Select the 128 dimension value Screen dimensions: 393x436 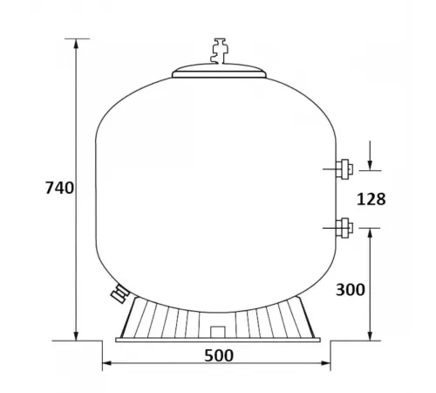pyautogui.click(x=371, y=199)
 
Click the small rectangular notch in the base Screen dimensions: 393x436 pyautogui.click(x=216, y=333)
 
